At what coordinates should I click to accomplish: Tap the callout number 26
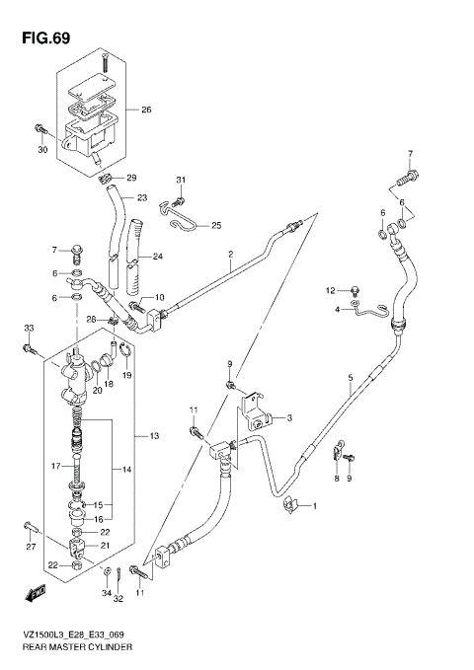(146, 110)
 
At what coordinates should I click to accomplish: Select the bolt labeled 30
(40, 130)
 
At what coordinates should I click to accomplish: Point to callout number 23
(141, 197)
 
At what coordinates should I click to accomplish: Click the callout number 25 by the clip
(216, 226)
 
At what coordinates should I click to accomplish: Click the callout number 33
(29, 328)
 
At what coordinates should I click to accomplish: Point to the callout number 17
(57, 466)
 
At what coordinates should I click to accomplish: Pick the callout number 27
(31, 547)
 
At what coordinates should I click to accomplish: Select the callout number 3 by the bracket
(289, 419)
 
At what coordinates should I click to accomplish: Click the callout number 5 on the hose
(350, 377)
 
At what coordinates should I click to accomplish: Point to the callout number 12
(332, 290)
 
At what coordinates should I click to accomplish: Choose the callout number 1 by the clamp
(314, 507)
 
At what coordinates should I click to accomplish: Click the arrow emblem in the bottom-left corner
(36, 593)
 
